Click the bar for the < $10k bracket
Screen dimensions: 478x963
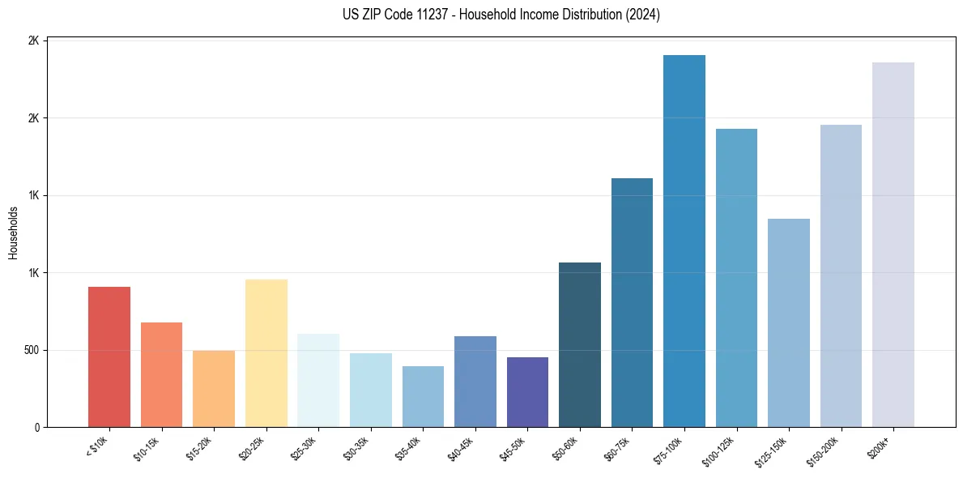pyautogui.click(x=109, y=356)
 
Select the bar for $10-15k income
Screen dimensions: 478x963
pyautogui.click(x=161, y=374)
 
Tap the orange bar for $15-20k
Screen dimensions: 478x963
pyautogui.click(x=214, y=389)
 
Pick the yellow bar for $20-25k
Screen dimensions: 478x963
pyautogui.click(x=266, y=353)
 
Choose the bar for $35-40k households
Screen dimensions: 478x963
pyautogui.click(x=423, y=396)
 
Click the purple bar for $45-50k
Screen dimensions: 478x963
pyautogui.click(x=527, y=392)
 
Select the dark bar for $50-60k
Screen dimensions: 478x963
pyautogui.click(x=580, y=344)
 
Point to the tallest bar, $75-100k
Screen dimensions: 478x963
pyautogui.click(x=684, y=241)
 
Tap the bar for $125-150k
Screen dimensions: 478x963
pyautogui.click(x=789, y=322)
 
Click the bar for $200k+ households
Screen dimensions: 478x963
pyautogui.click(x=893, y=245)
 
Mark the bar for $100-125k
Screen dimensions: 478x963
pyautogui.click(x=736, y=278)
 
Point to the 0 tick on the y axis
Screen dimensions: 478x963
pyautogui.click(x=37, y=427)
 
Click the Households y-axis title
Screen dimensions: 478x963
pyautogui.click(x=13, y=233)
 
